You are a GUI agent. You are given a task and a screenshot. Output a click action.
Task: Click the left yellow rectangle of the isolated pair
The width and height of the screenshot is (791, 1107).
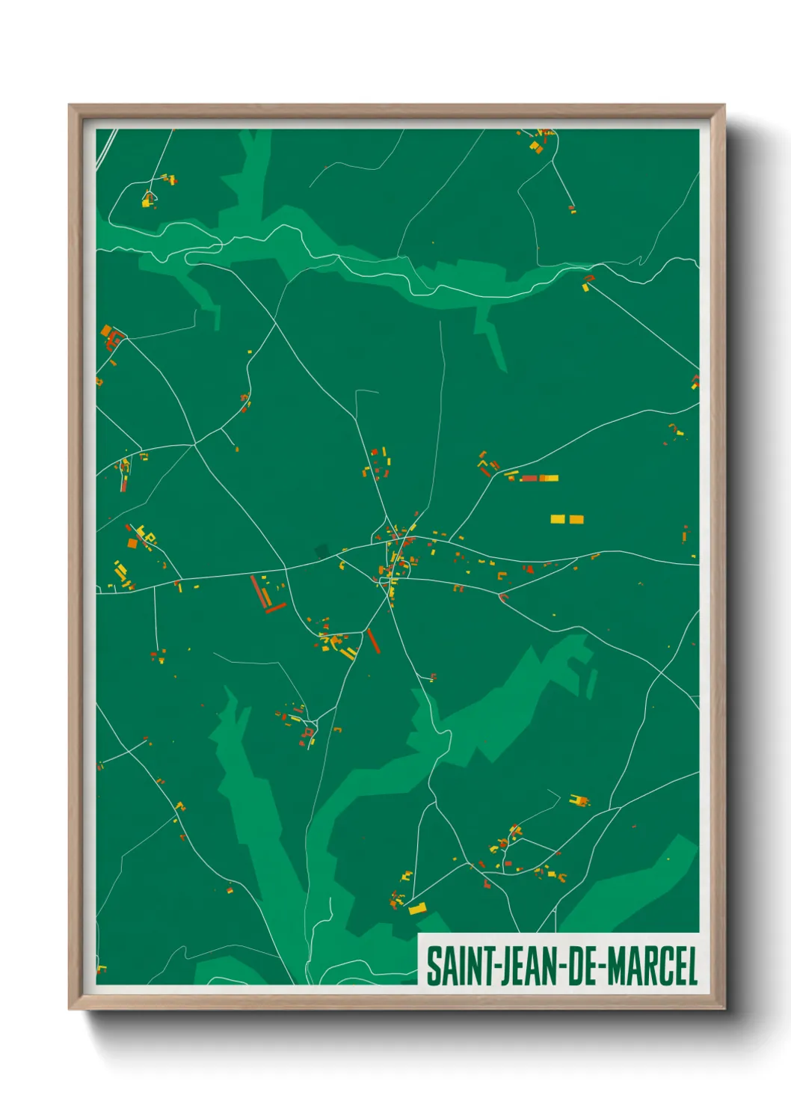558,519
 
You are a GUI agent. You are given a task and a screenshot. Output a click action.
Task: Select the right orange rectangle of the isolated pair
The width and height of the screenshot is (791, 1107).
576,519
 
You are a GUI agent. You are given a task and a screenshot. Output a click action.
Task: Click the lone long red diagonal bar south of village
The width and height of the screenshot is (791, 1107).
373,641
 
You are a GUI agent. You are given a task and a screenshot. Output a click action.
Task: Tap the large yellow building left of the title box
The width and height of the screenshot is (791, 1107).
417,909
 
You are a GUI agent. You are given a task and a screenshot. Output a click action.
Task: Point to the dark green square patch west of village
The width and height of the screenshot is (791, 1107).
322,551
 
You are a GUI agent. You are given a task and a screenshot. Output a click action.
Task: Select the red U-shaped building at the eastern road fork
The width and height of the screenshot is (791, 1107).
503,597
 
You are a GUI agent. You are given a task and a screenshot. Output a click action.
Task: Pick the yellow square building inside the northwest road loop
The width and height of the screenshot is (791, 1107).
147,200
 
